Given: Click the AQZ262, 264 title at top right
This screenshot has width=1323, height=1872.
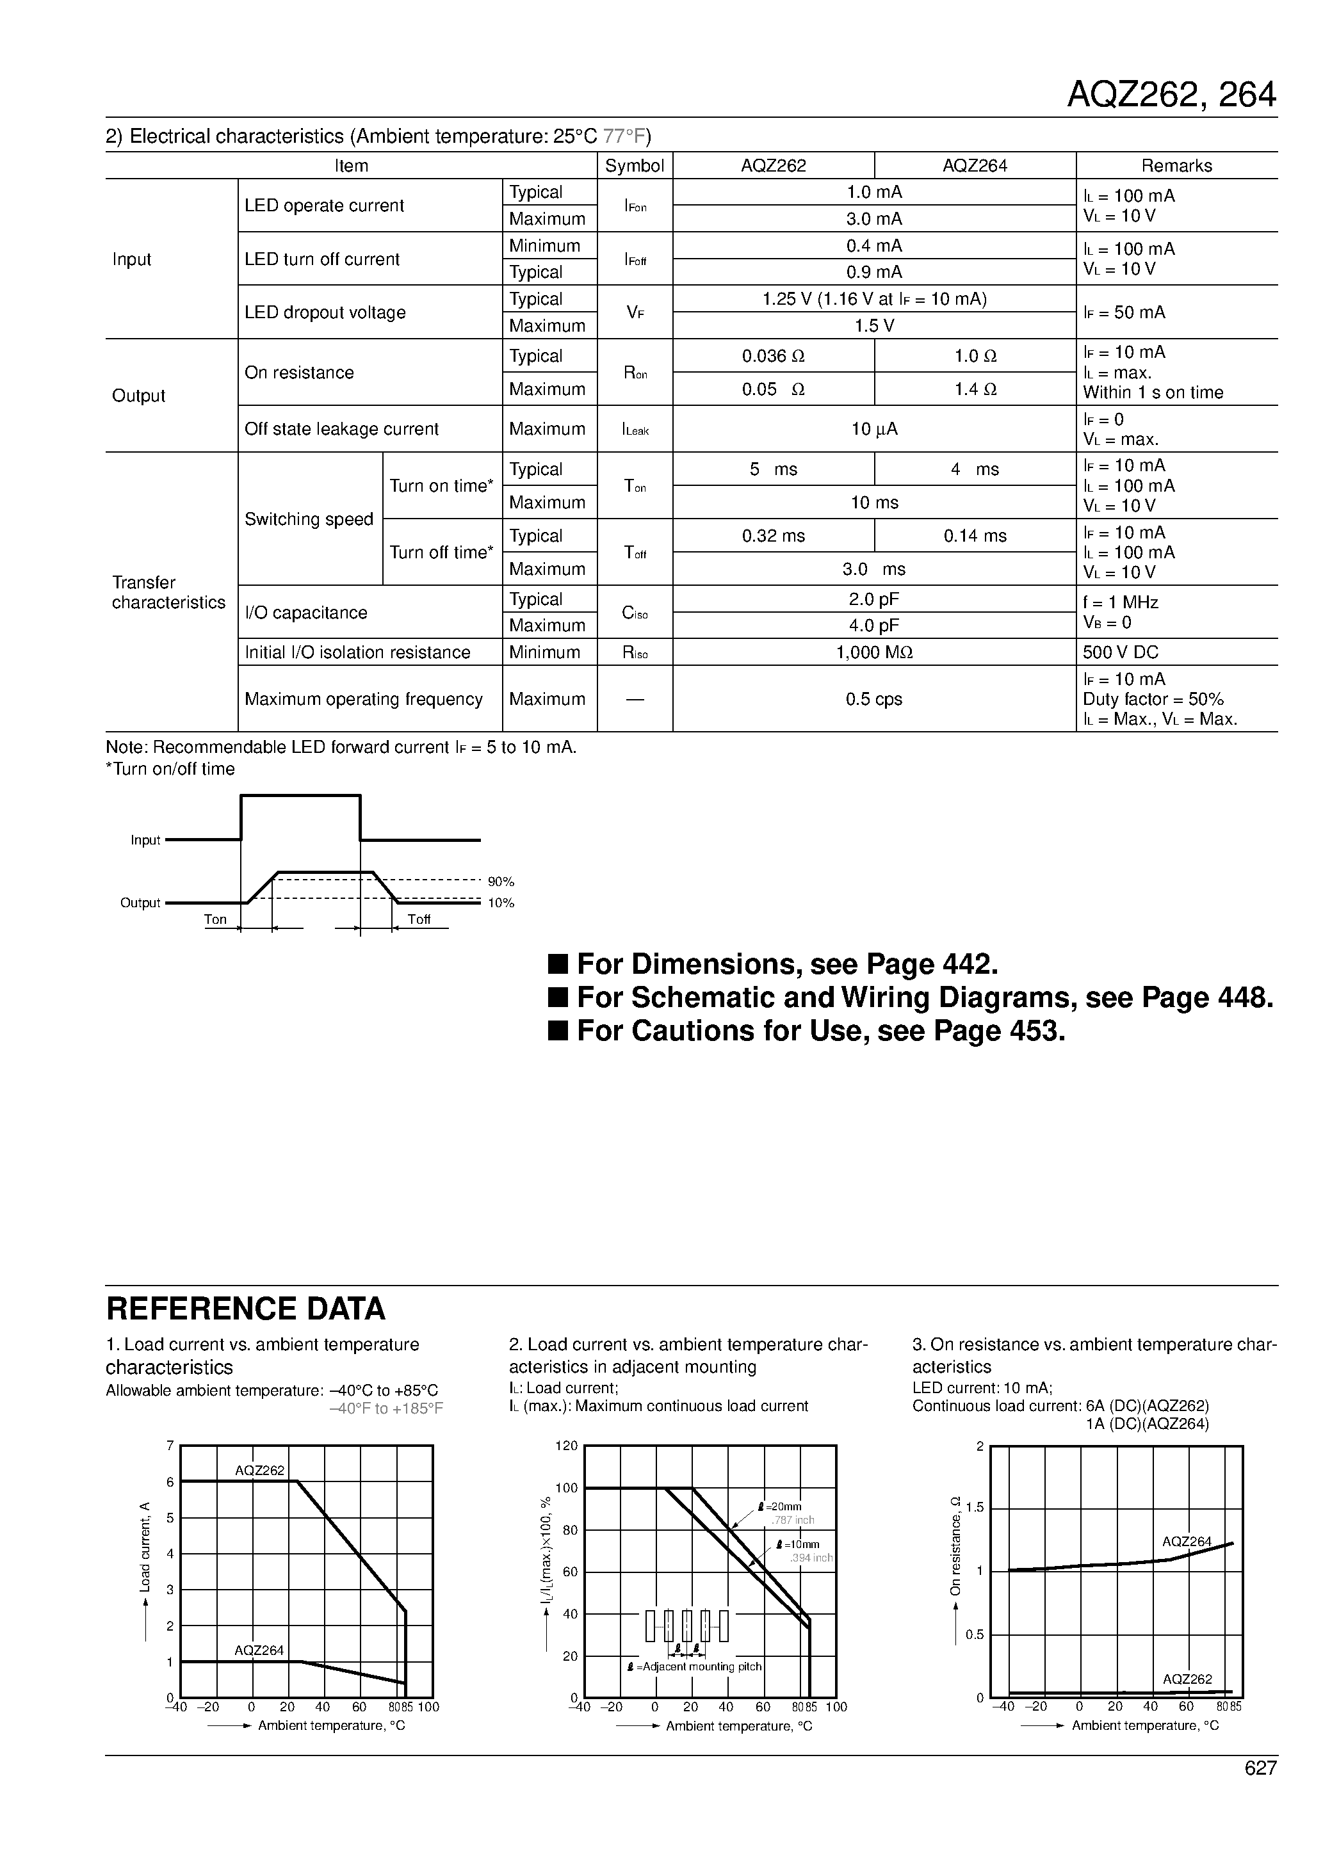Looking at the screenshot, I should point(1171,95).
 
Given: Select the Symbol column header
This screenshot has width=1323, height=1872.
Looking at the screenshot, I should point(634,166).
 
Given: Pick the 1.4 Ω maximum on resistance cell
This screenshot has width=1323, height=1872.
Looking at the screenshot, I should point(975,390).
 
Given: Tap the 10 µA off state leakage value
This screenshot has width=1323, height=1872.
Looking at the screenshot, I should point(873,429).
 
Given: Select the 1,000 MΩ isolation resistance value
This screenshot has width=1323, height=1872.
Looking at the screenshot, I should point(873,652).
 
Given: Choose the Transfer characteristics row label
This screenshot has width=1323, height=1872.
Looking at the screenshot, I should point(168,592).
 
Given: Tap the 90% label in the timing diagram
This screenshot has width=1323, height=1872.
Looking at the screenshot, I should point(501,882).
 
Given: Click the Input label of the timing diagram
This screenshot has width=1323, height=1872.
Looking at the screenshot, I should point(145,840).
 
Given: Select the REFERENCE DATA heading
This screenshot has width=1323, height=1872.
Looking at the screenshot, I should point(245,1309).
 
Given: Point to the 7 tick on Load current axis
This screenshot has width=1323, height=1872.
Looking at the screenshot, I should point(170,1446).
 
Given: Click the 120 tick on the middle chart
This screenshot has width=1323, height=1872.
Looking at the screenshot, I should point(566,1446).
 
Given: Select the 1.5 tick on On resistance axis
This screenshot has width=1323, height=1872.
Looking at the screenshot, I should point(974,1508).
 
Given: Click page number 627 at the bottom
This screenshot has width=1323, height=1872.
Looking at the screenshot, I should point(1260,1768).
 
